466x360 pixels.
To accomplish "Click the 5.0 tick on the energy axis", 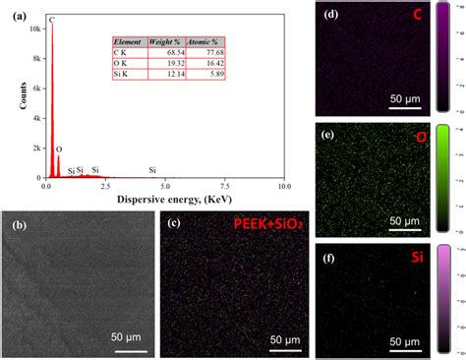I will click(165, 185).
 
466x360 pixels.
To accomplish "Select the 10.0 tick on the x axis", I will click(283, 185).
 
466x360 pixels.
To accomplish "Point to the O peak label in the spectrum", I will click(59, 150).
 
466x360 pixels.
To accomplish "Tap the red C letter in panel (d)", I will click(420, 18).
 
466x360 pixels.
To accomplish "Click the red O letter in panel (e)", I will click(420, 138).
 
